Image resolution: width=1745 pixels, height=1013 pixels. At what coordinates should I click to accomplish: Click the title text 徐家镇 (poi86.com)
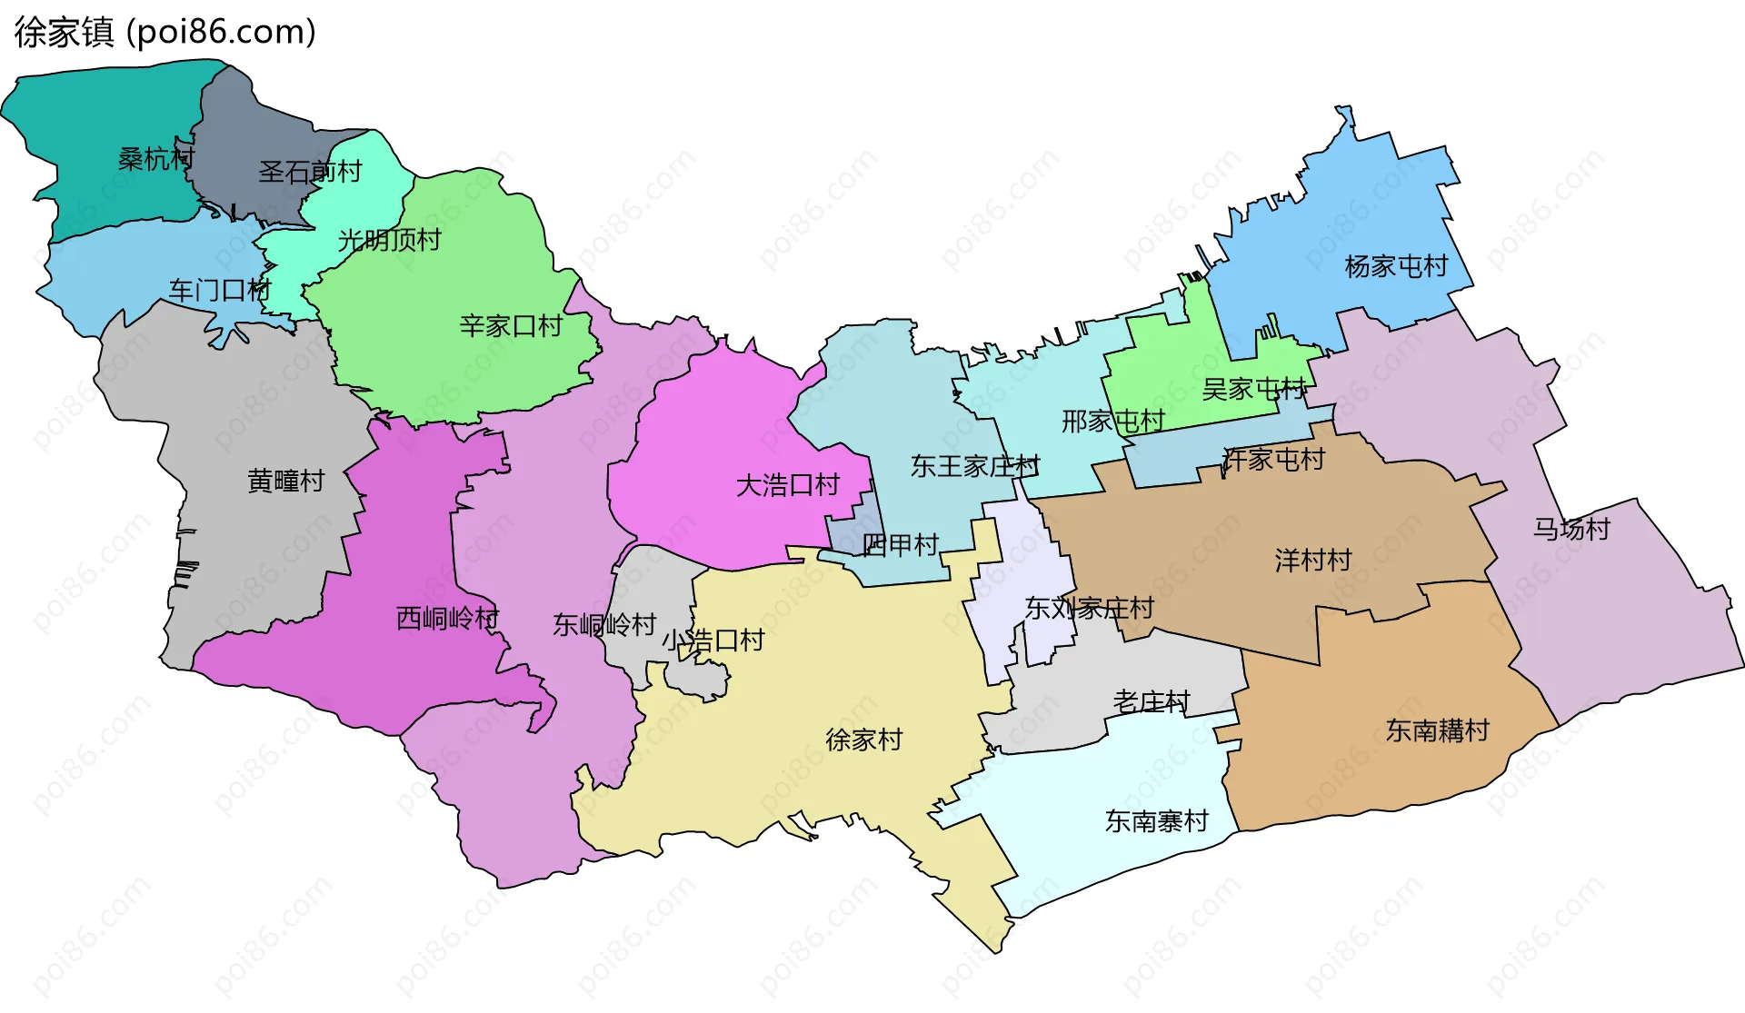165,32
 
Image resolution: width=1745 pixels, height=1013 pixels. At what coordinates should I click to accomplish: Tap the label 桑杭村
156,159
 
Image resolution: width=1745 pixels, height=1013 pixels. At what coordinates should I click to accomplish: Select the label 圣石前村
310,172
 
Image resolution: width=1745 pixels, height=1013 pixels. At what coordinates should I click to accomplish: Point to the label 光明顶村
389,240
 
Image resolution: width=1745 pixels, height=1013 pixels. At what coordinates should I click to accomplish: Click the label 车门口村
220,291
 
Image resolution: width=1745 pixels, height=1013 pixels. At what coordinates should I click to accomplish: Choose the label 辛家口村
511,326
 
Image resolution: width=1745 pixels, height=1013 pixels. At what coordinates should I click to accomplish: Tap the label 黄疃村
285,481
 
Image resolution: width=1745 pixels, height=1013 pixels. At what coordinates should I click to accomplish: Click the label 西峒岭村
447,619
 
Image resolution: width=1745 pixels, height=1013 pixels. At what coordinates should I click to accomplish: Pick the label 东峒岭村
604,625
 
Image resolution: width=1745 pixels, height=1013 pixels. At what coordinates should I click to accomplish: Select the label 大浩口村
787,485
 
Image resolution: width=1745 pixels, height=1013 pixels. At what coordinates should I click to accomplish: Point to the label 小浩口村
713,641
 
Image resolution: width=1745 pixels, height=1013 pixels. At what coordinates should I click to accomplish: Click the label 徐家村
863,740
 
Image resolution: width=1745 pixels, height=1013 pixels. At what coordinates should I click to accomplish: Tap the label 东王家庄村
974,466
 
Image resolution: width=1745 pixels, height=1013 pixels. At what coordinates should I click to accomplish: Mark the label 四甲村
900,545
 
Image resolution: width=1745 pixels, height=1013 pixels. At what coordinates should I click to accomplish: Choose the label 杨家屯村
1395,266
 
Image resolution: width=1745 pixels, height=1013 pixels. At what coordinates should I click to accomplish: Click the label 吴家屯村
1253,390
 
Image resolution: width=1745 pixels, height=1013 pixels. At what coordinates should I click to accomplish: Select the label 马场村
1571,529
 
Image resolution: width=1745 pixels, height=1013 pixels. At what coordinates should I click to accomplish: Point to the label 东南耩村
1437,730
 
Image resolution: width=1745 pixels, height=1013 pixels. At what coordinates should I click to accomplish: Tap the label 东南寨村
1156,821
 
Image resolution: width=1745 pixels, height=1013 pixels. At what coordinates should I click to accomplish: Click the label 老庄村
1152,701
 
